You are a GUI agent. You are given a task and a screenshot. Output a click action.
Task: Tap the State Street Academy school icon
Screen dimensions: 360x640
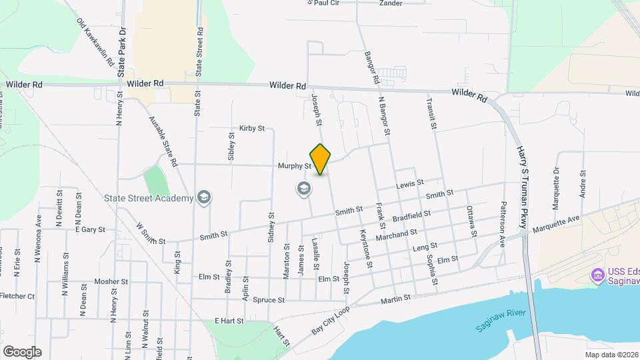[204, 197]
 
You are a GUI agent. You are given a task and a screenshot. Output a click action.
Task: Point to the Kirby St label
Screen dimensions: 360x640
[252, 128]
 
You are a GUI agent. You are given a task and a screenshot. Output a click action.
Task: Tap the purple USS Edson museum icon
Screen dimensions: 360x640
[597, 274]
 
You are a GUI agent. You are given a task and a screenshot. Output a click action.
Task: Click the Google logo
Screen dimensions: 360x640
[22, 351]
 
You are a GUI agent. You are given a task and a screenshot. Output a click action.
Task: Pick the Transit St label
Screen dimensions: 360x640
[432, 111]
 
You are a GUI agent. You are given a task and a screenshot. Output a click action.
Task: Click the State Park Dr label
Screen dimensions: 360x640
[122, 52]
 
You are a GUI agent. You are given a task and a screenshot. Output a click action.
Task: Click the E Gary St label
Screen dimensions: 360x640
[91, 229]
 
